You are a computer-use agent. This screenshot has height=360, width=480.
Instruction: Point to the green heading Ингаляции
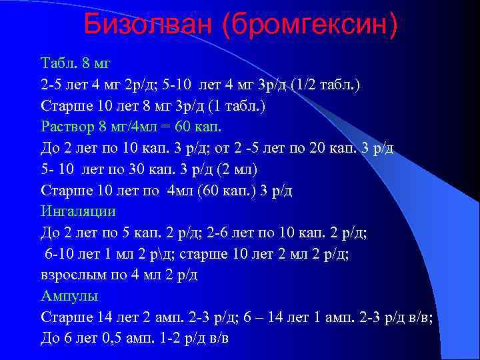tap(78, 211)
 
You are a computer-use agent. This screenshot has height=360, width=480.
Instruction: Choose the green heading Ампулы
tap(69, 295)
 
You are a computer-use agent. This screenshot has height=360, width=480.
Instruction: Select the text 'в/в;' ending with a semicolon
tap(420, 316)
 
